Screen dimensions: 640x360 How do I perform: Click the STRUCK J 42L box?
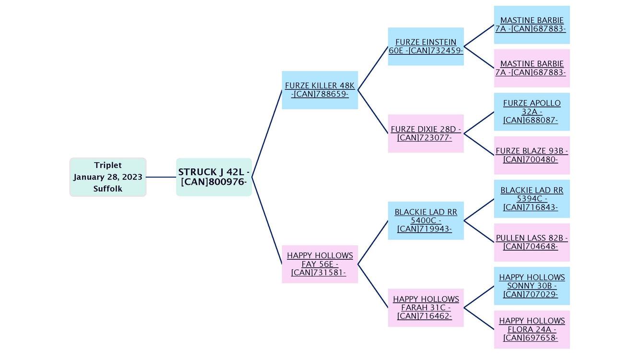point(214,177)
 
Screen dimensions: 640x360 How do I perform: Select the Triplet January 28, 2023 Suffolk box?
point(108,177)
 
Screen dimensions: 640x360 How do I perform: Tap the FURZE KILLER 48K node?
point(320,90)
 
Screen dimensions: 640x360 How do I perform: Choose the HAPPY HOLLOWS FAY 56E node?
point(320,264)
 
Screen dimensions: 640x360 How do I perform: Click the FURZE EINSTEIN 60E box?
point(426,47)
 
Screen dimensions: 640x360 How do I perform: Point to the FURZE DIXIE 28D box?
point(426,133)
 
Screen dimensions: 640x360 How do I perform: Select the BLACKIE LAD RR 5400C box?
point(426,221)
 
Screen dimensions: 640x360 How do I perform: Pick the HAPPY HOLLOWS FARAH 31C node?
point(426,308)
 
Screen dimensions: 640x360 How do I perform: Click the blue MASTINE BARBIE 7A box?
point(532,25)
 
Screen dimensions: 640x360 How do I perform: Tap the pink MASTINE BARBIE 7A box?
point(532,68)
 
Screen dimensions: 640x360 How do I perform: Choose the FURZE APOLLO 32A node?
point(532,112)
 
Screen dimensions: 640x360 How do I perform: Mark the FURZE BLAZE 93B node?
point(532,155)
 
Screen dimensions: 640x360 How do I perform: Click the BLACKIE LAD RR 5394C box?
point(532,199)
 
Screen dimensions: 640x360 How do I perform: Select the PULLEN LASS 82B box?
point(532,242)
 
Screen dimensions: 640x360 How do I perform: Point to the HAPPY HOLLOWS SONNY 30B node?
point(532,286)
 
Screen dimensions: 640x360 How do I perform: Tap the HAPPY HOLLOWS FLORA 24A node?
point(532,329)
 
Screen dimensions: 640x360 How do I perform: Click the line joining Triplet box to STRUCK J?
point(161,177)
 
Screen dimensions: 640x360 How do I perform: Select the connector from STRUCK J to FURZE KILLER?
point(267,133)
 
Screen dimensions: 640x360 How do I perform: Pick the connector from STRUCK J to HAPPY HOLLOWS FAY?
point(267,220)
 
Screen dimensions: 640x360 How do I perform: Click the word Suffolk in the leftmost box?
point(108,189)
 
